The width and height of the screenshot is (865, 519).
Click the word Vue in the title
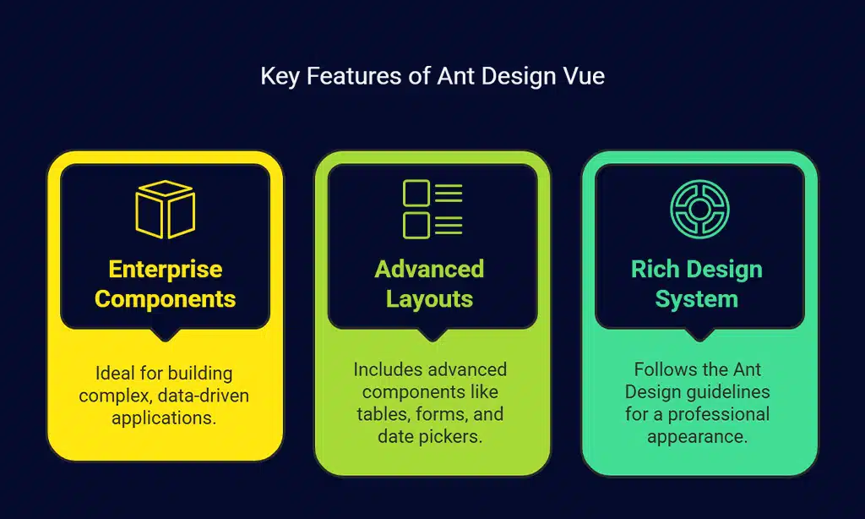click(584, 76)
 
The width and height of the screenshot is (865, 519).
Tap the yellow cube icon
click(166, 209)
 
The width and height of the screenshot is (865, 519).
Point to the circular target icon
click(699, 209)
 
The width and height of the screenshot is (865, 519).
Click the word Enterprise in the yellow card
click(166, 270)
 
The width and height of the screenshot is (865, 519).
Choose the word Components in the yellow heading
click(166, 299)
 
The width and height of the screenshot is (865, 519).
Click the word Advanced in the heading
click(429, 270)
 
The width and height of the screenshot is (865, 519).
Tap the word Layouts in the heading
click(429, 299)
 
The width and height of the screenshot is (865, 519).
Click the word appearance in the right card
click(698, 436)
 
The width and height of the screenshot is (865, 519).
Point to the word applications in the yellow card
click(165, 417)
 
